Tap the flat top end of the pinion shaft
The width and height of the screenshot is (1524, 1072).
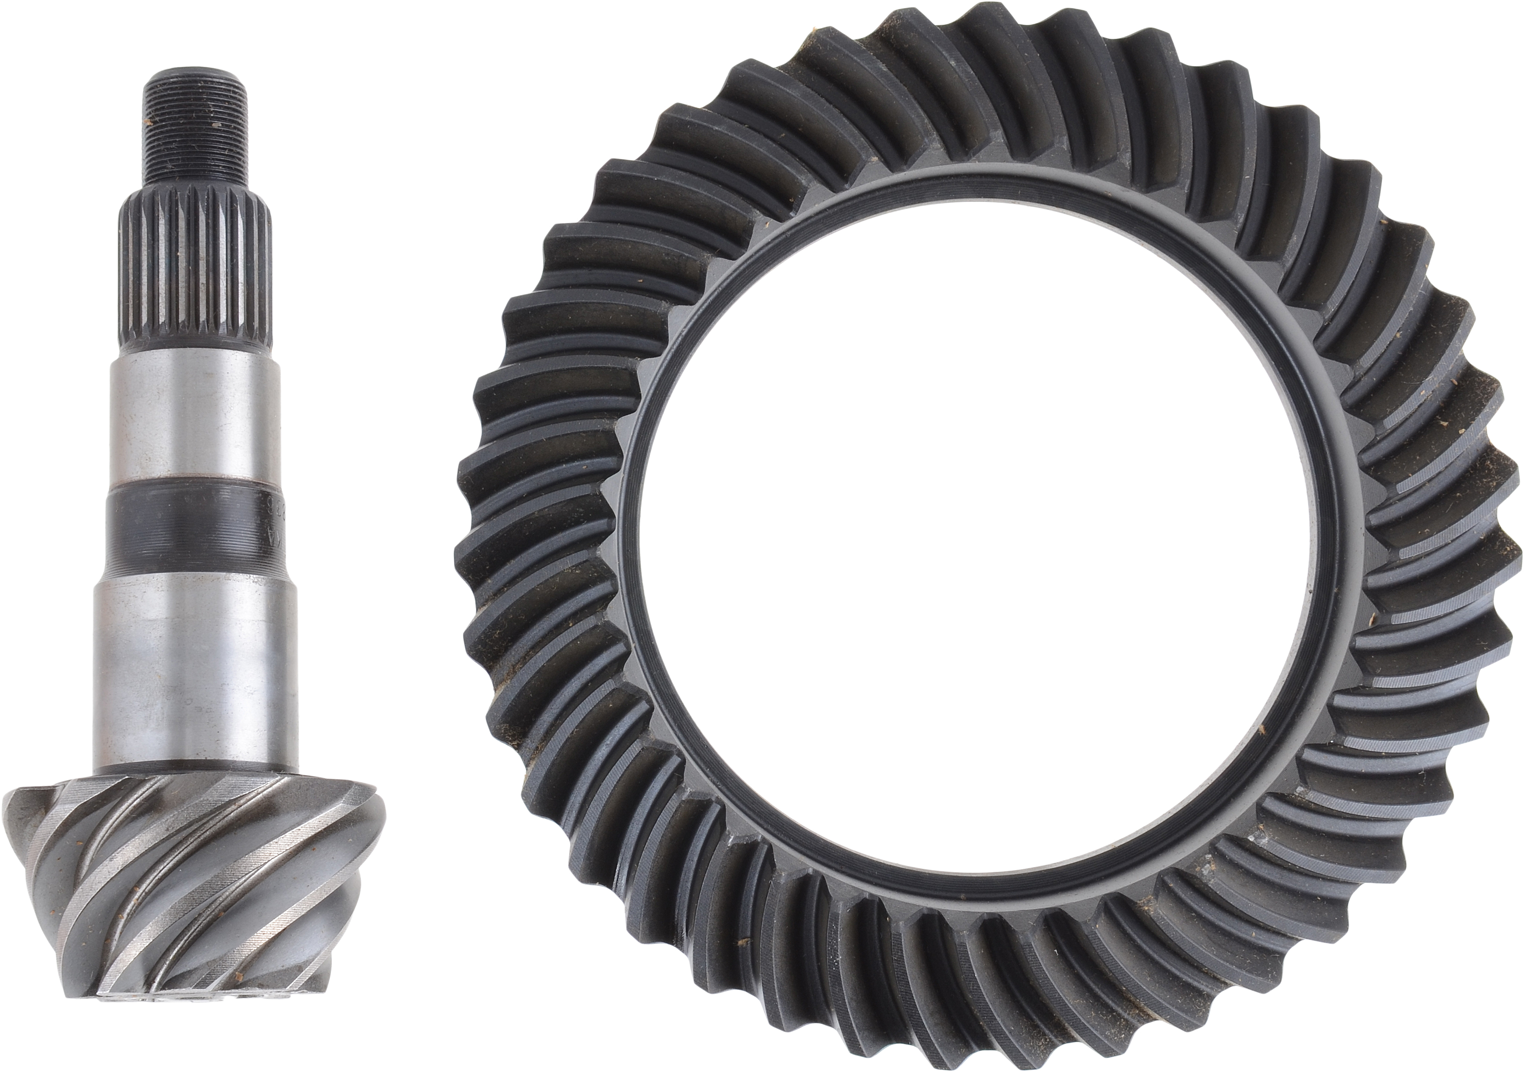(x=196, y=69)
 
